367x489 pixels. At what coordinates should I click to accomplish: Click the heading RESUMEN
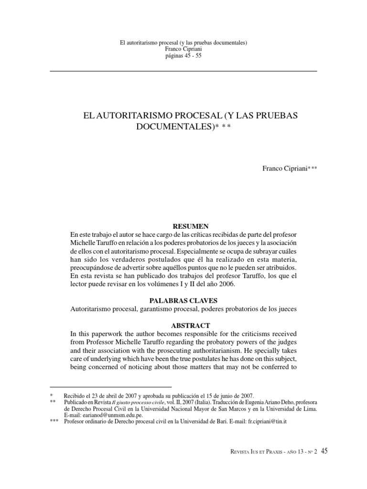[x=190, y=225]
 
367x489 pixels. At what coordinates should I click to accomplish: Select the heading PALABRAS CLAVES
[x=190, y=300]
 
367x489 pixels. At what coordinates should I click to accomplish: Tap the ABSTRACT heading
[x=190, y=325]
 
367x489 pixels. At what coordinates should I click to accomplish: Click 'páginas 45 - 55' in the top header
[x=183, y=55]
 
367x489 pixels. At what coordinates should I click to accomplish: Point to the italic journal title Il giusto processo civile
[x=135, y=402]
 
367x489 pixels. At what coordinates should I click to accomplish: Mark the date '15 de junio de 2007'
[x=227, y=395]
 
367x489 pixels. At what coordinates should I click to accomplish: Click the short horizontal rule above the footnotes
[x=110, y=386]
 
